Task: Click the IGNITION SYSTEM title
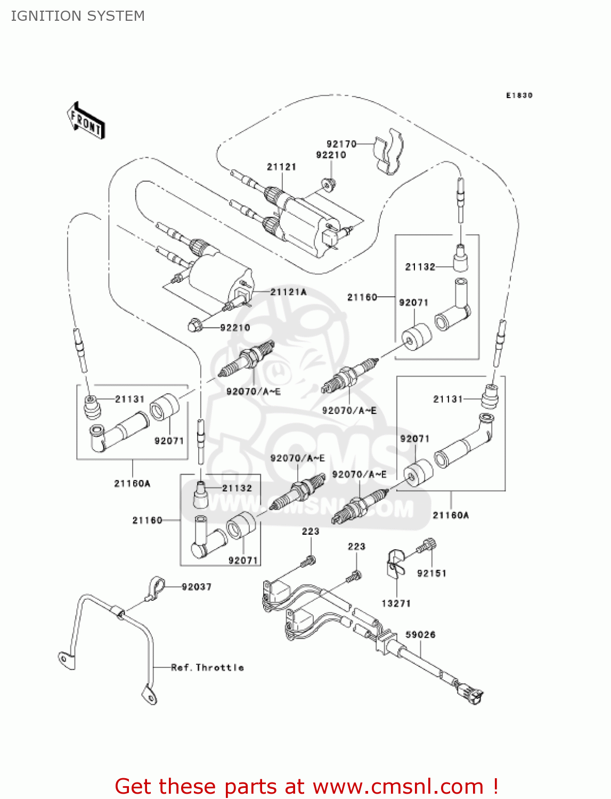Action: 78,16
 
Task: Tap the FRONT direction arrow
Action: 86,121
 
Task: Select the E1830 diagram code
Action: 519,95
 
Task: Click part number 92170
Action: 341,144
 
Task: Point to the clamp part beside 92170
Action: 388,152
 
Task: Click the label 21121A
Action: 288,292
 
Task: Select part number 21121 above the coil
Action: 281,167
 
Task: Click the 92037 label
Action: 196,587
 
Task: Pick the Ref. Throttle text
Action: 207,667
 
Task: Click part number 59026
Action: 420,634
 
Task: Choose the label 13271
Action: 396,604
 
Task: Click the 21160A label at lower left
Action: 132,484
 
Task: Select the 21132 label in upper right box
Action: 420,267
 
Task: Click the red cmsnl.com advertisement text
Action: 306,786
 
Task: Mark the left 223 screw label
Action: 310,531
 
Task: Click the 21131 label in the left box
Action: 129,399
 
